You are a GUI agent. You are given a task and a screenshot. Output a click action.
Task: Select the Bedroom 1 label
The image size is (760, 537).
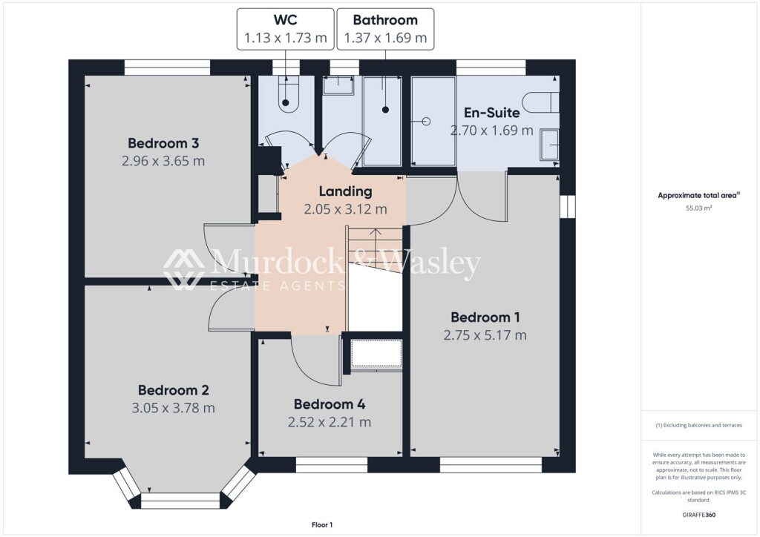[485, 317]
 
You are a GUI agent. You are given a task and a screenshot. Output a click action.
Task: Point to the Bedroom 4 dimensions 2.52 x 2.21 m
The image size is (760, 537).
[330, 422]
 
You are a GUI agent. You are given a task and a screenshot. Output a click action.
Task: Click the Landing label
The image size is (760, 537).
[345, 192]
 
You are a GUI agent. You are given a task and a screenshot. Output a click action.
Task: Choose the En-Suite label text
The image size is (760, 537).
[491, 113]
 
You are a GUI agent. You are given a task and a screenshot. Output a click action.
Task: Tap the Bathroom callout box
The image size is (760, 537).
[385, 29]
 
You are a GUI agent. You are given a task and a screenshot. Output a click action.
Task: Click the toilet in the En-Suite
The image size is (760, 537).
[540, 100]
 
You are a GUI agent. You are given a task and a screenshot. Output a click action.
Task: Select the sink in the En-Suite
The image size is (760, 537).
[550, 143]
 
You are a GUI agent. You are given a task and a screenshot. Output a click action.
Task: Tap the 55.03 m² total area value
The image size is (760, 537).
[698, 209]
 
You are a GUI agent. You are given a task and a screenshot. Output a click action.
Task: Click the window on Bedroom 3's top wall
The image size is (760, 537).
[167, 67]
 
